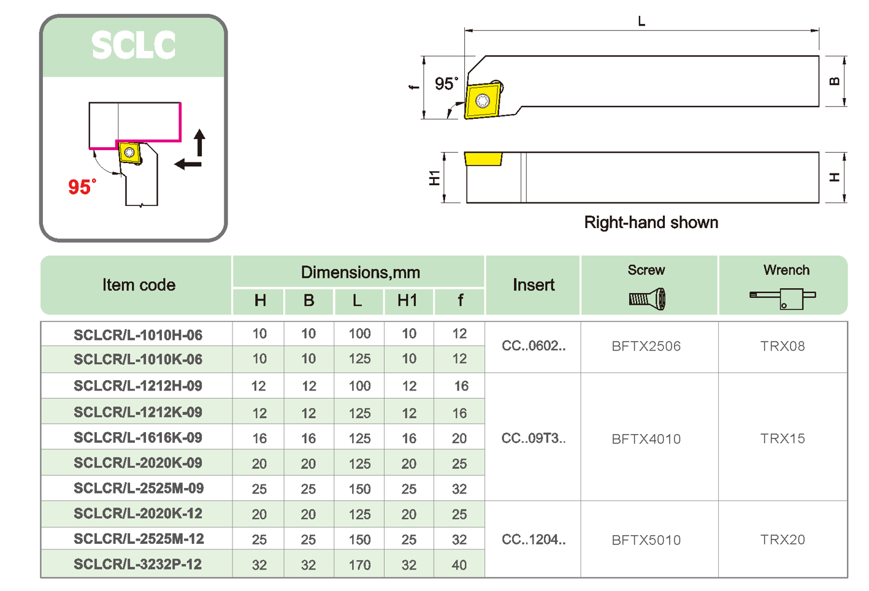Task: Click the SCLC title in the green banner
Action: [x=134, y=45]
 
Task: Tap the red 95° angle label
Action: [x=82, y=186]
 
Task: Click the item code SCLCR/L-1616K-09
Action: [x=137, y=438]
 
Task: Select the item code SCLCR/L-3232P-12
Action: [x=137, y=564]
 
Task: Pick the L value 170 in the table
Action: [x=359, y=565]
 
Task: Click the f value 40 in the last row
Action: [x=459, y=565]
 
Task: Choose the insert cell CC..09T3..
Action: [x=534, y=438]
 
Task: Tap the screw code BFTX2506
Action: [x=646, y=346]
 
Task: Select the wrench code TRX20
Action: [x=782, y=540]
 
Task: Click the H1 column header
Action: [x=407, y=300]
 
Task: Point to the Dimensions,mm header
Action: [x=360, y=272]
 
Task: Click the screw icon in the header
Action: [x=647, y=299]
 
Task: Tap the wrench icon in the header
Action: [x=783, y=299]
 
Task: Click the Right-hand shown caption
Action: [x=651, y=222]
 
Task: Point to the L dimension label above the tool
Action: [x=641, y=21]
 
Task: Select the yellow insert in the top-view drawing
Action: [x=483, y=100]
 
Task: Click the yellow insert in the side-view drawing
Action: [x=483, y=159]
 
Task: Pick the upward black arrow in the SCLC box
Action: [x=199, y=142]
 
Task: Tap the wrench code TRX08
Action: [x=782, y=346]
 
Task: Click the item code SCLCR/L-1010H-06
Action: [x=137, y=335]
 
